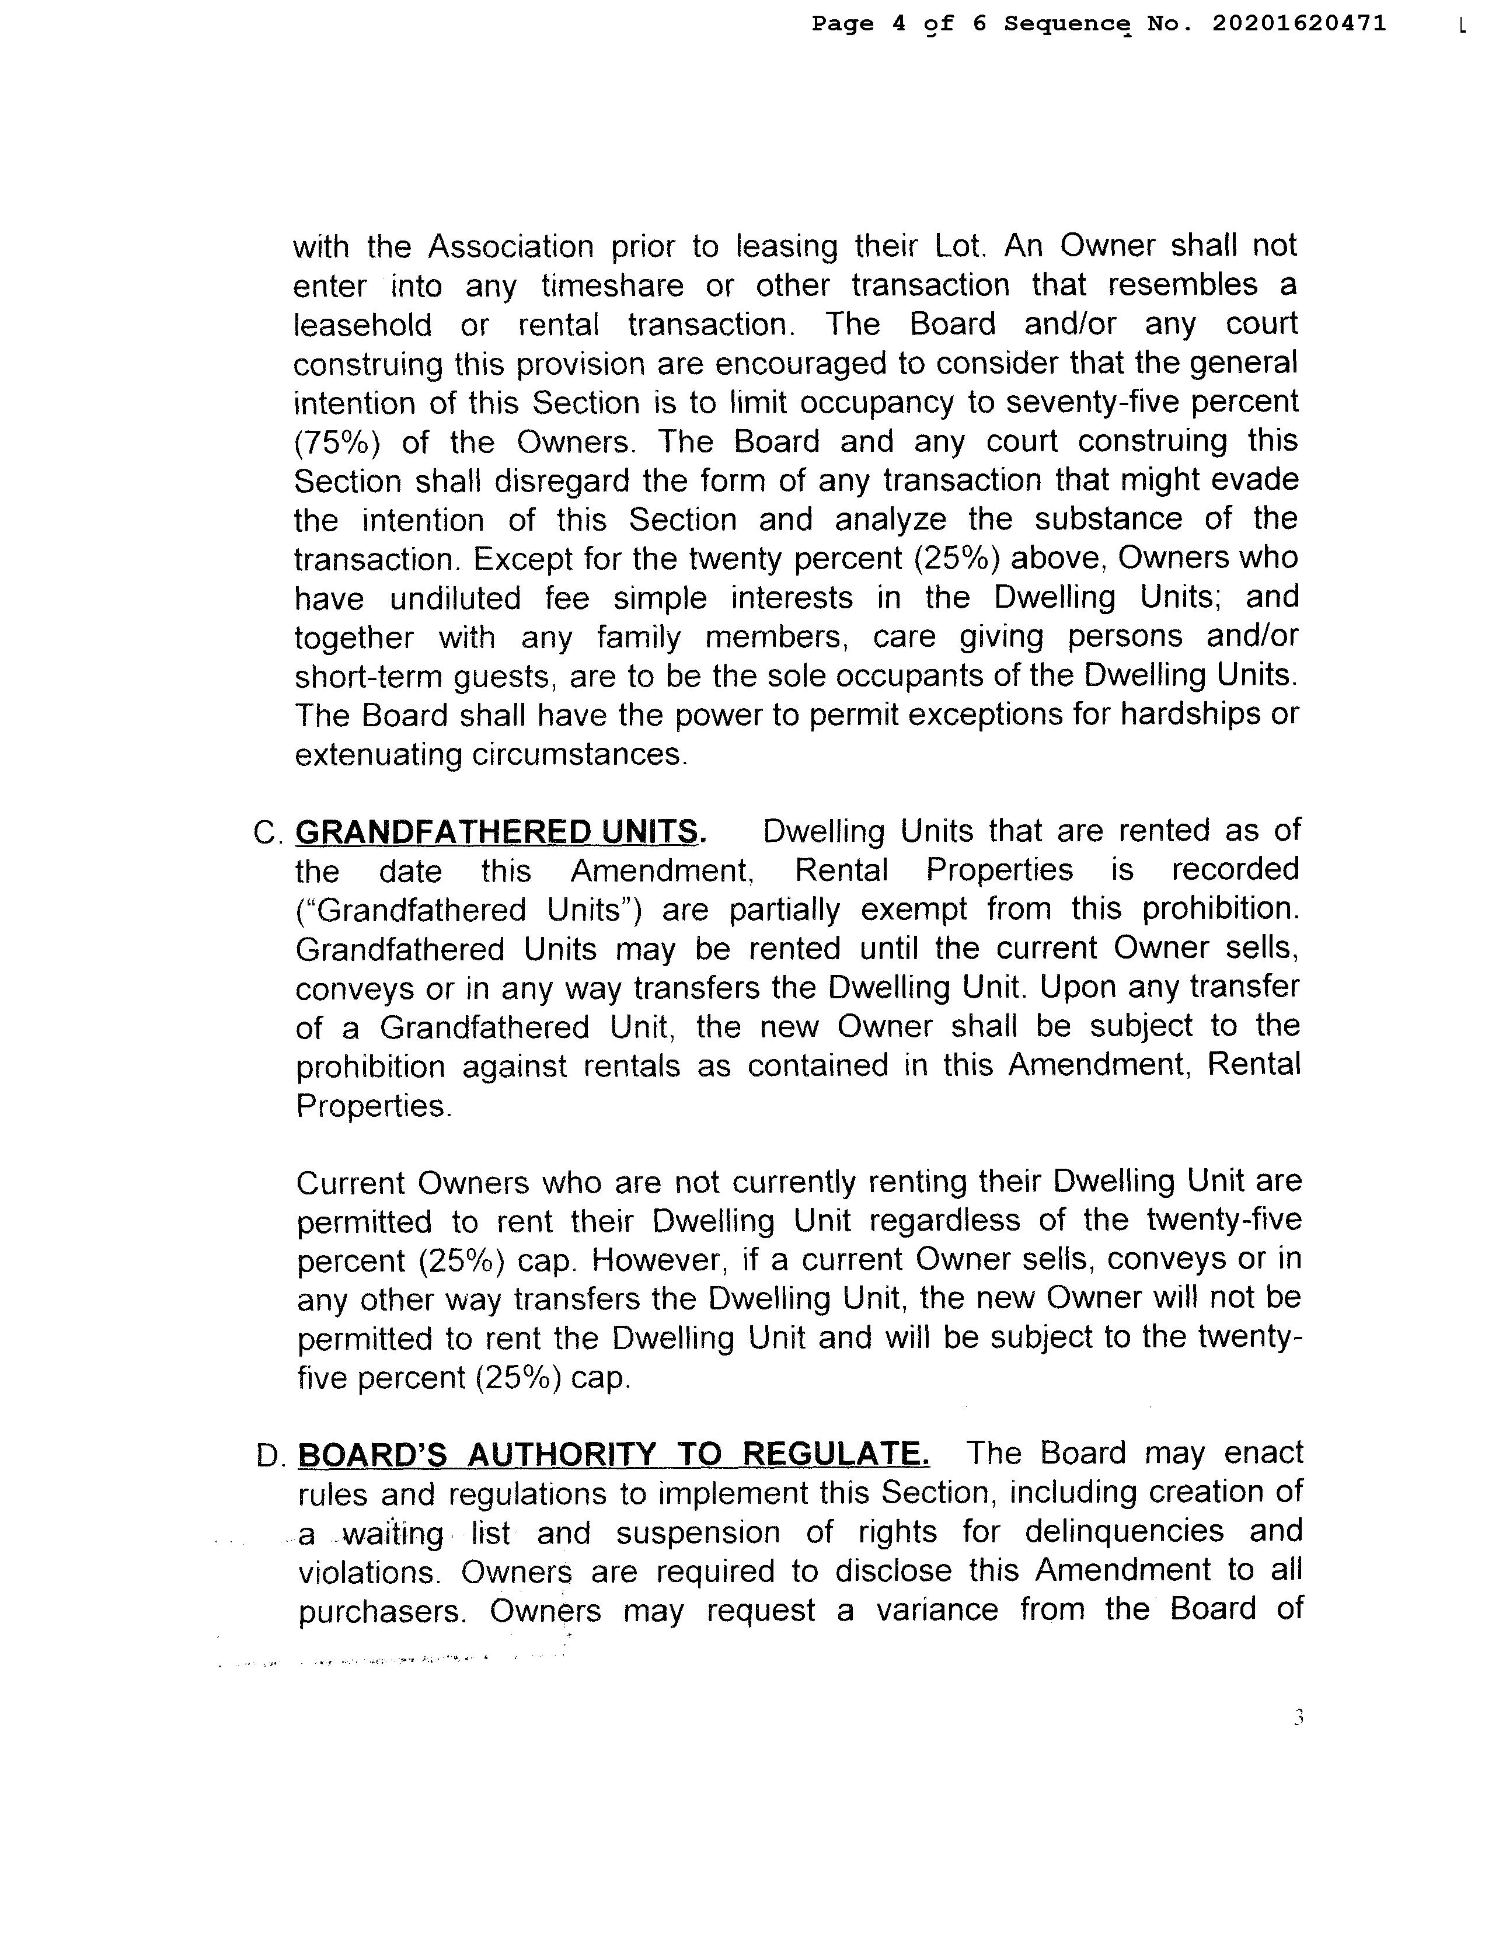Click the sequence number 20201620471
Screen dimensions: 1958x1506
point(1299,23)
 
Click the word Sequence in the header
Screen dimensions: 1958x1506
point(1065,24)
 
